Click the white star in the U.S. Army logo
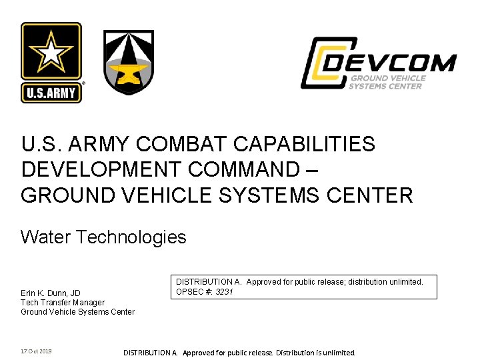51,53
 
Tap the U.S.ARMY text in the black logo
51,93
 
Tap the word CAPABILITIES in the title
300,144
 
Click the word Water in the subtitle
46,237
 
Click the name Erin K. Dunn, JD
51,293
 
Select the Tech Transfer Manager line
63,303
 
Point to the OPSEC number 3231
224,291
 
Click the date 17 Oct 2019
36,351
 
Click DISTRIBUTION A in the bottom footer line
151,353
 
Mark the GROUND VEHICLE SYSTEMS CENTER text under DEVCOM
387,82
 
